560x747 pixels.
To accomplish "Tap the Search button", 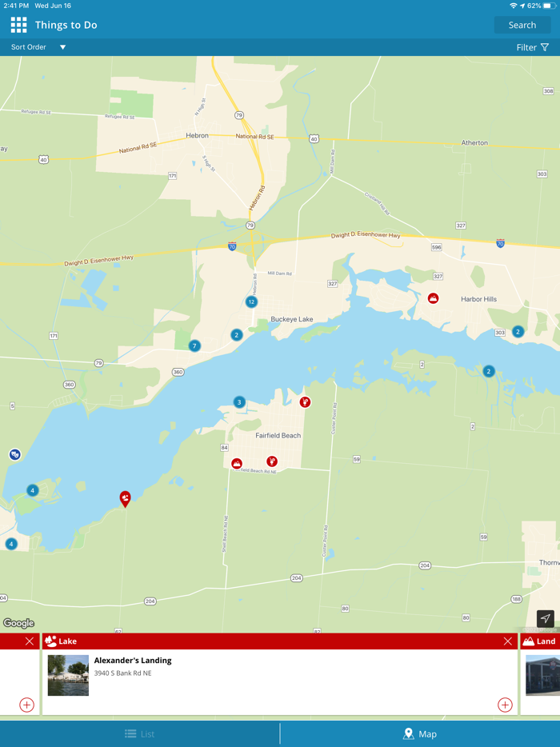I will (522, 25).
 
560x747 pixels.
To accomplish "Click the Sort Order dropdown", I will (38, 47).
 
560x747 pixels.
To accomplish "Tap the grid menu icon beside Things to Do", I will (18, 25).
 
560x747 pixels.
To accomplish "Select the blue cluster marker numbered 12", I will (252, 302).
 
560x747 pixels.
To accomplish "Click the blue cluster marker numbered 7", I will (194, 346).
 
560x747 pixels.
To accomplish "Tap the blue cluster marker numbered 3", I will (239, 402).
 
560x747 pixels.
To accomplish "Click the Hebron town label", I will (197, 136).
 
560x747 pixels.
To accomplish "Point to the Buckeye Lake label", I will (292, 319).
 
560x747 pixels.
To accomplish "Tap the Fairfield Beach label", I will (278, 435).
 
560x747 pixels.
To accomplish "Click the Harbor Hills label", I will (478, 299).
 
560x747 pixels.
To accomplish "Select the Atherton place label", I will (474, 143).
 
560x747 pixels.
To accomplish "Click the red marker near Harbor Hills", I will (433, 298).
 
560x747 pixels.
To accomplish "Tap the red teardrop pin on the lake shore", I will (125, 498).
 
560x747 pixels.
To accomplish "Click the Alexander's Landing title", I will (133, 661).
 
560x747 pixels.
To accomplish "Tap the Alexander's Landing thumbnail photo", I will (68, 675).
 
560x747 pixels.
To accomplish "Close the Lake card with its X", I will (507, 641).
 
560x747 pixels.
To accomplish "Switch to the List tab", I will (140, 733).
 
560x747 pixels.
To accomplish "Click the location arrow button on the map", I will (545, 618).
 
